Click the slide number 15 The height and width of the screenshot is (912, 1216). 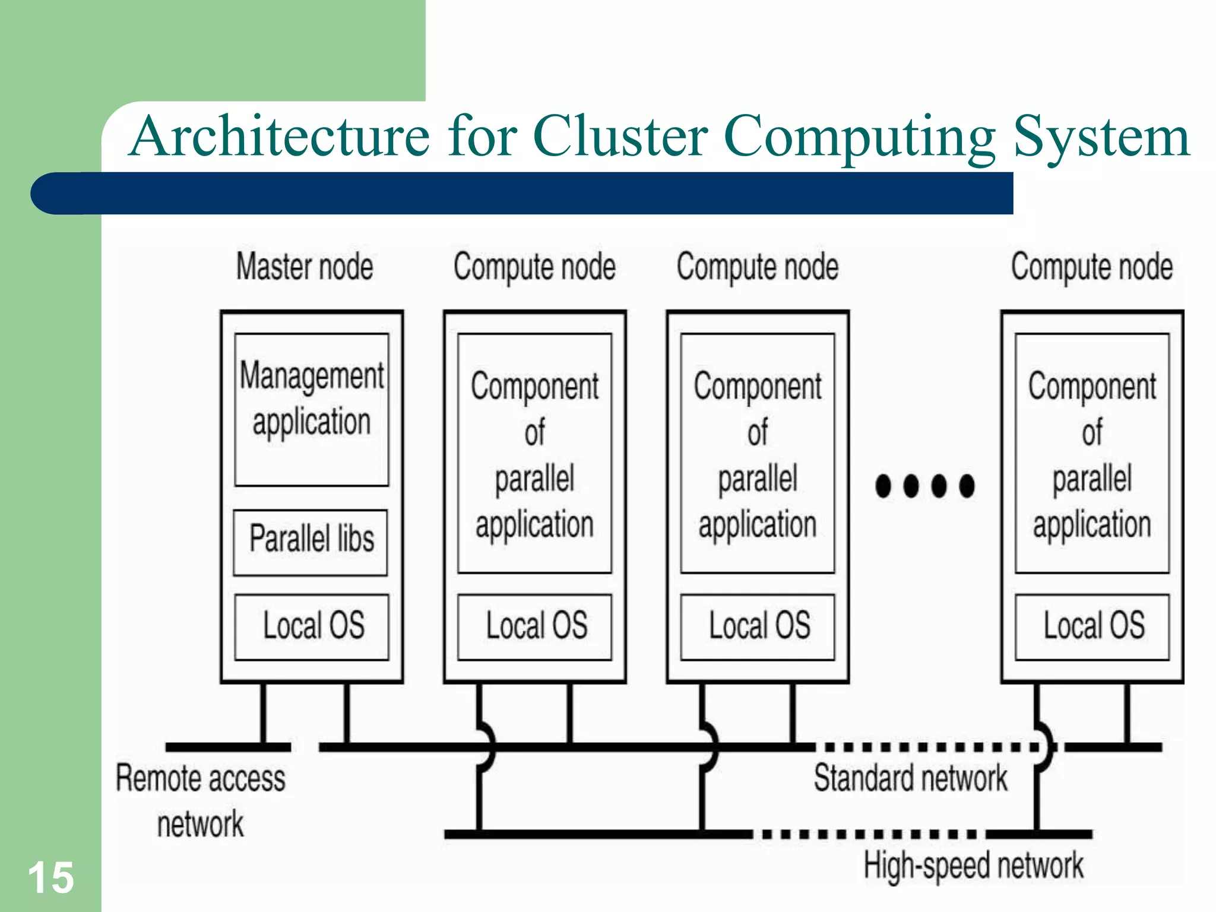click(51, 878)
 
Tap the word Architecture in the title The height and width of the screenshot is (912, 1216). click(279, 137)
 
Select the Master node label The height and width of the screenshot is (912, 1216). click(305, 267)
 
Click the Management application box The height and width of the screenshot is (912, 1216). click(312, 410)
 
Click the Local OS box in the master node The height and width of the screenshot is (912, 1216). click(312, 626)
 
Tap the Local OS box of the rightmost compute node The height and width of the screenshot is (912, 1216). click(1092, 626)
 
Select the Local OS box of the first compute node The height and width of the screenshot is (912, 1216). click(535, 626)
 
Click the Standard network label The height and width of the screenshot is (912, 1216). click(910, 778)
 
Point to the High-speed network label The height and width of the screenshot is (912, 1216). click(973, 865)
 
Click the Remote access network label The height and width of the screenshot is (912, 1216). click(201, 800)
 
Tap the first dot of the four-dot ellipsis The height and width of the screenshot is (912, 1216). click(883, 486)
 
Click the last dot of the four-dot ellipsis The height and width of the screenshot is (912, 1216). click(967, 486)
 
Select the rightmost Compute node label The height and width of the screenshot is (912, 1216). click(1092, 267)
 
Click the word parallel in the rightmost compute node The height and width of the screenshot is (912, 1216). click(1092, 479)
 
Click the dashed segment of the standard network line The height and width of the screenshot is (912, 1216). click(926, 746)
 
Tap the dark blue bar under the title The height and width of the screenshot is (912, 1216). click(522, 194)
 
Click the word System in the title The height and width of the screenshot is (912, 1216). click(1101, 137)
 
